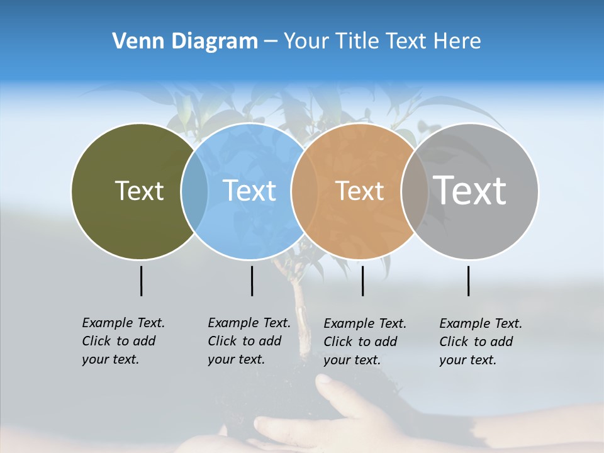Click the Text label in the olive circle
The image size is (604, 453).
(x=139, y=191)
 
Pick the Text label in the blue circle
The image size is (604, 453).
(x=250, y=191)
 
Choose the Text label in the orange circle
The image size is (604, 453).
(x=359, y=191)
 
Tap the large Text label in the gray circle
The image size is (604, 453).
(x=470, y=190)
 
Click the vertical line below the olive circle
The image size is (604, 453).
(x=141, y=281)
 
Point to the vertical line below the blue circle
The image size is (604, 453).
(x=252, y=281)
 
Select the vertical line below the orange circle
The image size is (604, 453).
(x=362, y=281)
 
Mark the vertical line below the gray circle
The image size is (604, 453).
(x=468, y=281)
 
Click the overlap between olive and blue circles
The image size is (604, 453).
(x=194, y=191)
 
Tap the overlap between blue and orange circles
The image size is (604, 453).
(x=305, y=191)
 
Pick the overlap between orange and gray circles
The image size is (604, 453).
(x=414, y=191)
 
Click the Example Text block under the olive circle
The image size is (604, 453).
(x=123, y=341)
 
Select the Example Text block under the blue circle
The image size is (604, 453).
(x=249, y=341)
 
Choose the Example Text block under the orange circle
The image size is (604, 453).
(x=365, y=342)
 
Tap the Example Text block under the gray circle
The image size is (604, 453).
(x=481, y=342)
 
